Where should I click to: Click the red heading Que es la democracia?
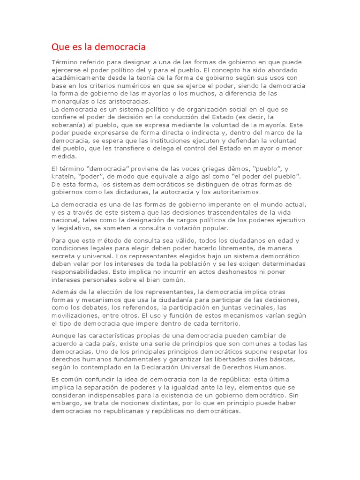pyautogui.click(x=98, y=47)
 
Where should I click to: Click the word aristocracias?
pyautogui.click(x=127, y=101)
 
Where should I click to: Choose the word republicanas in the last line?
pyautogui.click(x=120, y=412)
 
